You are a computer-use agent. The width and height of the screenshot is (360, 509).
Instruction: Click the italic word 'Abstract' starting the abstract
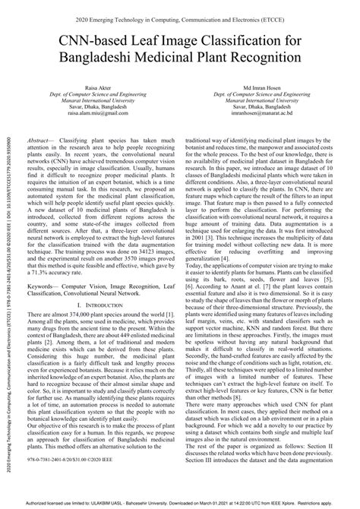pyautogui.click(x=41, y=142)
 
